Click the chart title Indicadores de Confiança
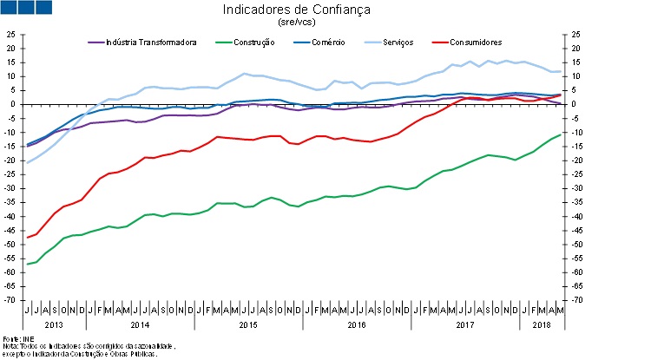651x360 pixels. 296,10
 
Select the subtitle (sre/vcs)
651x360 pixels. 296,23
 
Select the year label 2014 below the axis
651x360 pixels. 140,324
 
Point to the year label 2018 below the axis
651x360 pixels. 540,324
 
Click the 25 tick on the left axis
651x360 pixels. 11,35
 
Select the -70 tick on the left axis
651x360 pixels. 10,300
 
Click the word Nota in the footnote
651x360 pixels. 10,346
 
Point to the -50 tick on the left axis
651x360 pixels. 10,245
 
